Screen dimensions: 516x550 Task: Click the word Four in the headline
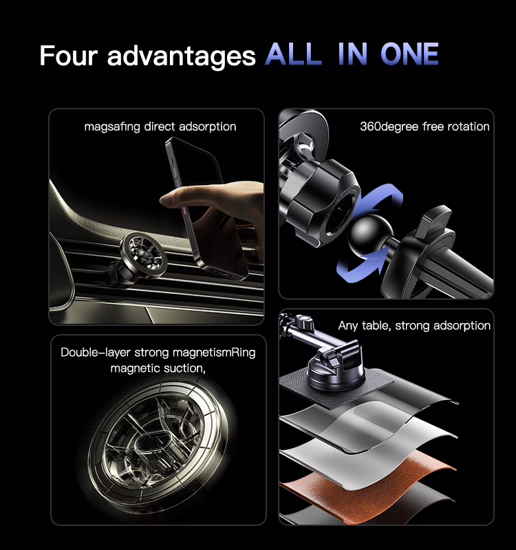click(x=68, y=55)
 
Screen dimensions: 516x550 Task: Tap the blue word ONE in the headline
click(x=409, y=54)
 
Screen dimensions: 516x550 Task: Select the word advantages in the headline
click(x=181, y=56)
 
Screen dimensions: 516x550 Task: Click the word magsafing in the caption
click(x=112, y=126)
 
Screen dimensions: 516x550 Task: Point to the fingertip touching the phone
click(x=165, y=200)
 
